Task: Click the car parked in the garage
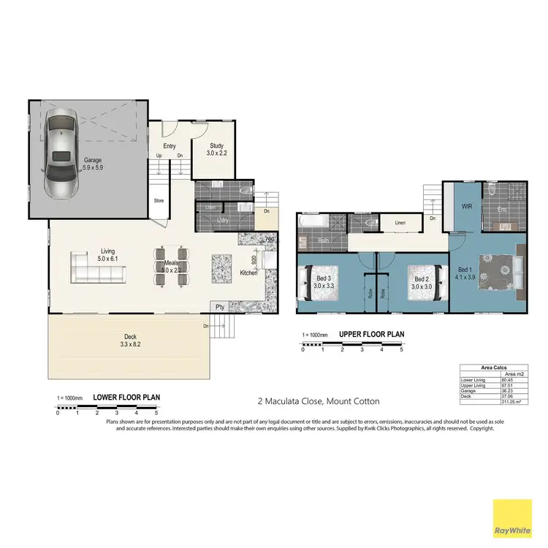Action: coord(60,154)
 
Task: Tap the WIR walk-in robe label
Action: coord(468,207)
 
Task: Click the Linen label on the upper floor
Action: coord(400,223)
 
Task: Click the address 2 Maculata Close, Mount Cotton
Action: coord(318,401)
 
